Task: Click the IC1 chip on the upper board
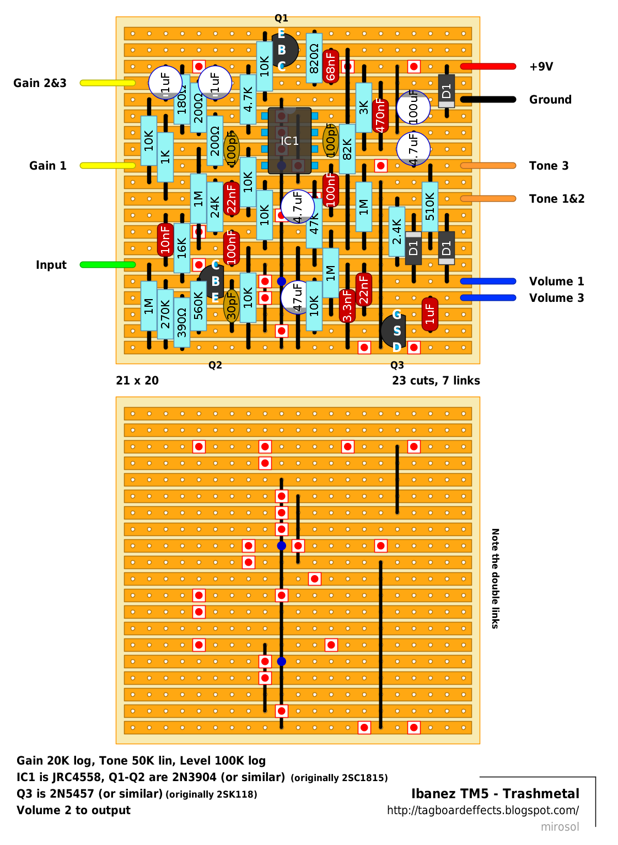point(289,141)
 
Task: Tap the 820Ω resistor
point(314,58)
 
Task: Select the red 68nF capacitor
point(331,66)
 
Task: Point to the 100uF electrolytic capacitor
point(413,107)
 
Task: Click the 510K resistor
point(430,207)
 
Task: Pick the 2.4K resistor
point(397,231)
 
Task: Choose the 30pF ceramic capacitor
point(232,306)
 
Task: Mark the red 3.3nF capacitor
point(347,306)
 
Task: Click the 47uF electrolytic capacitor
point(297,297)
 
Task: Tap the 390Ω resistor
point(182,322)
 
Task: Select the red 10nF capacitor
point(165,240)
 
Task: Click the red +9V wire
point(488,67)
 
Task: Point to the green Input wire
point(108,265)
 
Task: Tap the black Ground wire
point(488,100)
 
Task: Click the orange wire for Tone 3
point(488,166)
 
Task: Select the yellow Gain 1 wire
point(108,166)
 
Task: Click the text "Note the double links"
point(495,578)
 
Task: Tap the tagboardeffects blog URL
point(483,810)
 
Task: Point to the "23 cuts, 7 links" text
point(436,381)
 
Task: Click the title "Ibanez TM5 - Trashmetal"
point(495,794)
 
